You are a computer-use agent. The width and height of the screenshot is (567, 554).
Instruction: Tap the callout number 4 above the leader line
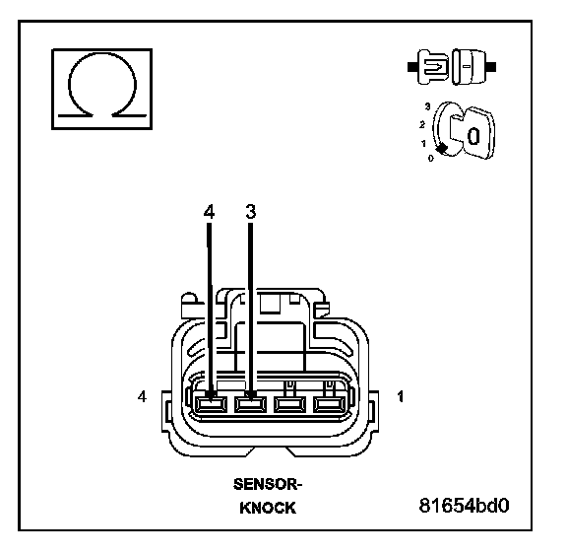(209, 212)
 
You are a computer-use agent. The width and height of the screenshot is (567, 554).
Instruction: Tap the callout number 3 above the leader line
(251, 212)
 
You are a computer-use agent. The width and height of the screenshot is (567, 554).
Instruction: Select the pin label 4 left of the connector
(142, 396)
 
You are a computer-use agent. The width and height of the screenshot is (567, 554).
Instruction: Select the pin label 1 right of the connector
(401, 396)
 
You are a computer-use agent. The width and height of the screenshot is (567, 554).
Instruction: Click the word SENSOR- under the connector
(267, 484)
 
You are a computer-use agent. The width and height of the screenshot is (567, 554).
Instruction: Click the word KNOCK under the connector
(268, 508)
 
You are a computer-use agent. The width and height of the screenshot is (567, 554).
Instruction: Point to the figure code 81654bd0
(464, 505)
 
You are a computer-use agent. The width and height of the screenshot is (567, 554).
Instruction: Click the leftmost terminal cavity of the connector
(211, 404)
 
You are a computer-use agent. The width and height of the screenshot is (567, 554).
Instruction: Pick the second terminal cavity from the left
(250, 404)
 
